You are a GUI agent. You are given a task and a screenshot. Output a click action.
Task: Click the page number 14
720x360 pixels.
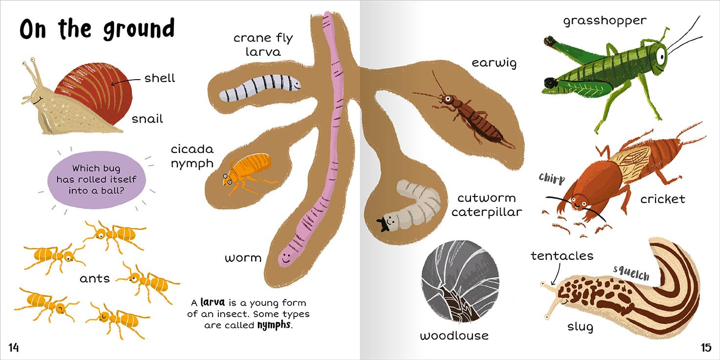pyautogui.click(x=13, y=347)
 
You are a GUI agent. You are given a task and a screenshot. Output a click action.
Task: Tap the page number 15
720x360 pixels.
pyautogui.click(x=706, y=347)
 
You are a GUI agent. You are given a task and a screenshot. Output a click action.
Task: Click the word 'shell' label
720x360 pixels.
pyautogui.click(x=159, y=78)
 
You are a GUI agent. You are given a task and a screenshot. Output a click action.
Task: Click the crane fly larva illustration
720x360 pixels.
pyautogui.click(x=259, y=88)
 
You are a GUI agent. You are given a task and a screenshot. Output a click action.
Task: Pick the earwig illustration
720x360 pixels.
pyautogui.click(x=464, y=115)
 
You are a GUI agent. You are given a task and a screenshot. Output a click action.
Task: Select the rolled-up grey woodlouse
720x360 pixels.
pyautogui.click(x=460, y=282)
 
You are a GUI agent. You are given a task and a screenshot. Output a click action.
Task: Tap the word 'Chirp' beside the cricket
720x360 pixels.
pyautogui.click(x=551, y=178)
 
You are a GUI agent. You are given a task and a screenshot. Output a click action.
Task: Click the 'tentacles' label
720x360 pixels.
pyautogui.click(x=562, y=255)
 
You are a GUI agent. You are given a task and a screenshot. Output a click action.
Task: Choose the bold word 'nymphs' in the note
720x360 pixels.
pyautogui.click(x=274, y=325)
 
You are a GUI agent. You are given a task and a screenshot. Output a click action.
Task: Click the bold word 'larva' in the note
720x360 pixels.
pyautogui.click(x=215, y=303)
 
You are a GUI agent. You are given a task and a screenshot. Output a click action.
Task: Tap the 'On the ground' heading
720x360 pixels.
pyautogui.click(x=97, y=29)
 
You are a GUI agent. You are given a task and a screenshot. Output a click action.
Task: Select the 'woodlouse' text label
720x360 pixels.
pyautogui.click(x=454, y=336)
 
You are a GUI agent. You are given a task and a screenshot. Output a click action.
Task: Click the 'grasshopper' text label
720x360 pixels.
pyautogui.click(x=604, y=21)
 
